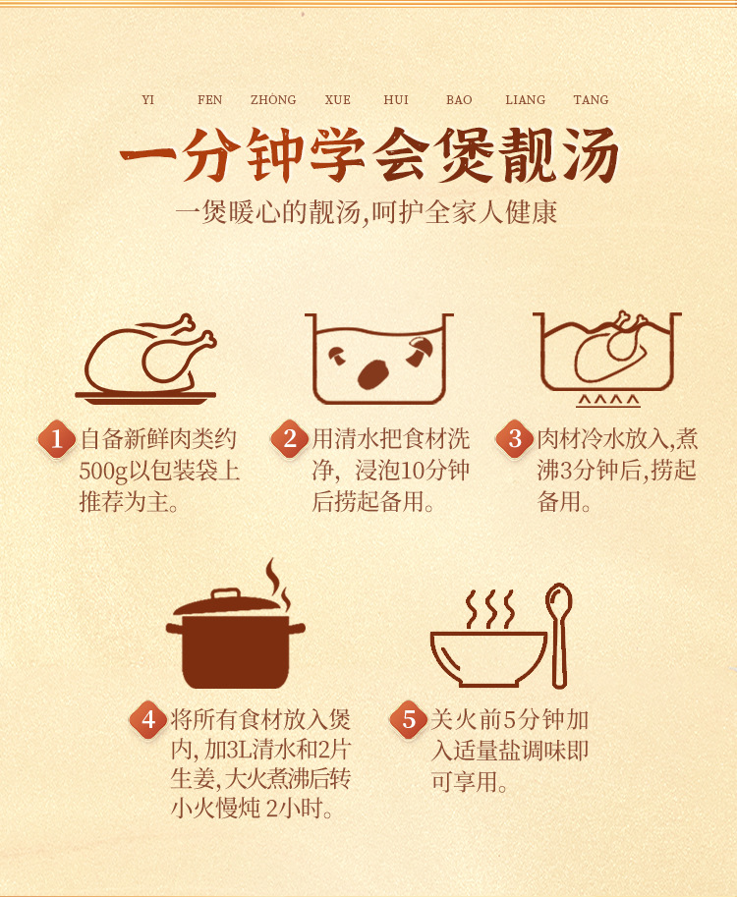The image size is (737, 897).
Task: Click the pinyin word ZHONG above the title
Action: tap(273, 99)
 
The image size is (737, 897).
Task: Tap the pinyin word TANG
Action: tap(591, 99)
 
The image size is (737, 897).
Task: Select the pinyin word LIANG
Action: tap(525, 99)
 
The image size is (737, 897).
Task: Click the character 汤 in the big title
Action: tap(592, 154)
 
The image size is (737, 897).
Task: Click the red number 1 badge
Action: tap(57, 439)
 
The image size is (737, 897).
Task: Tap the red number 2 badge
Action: tap(290, 439)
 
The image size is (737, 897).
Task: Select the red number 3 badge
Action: tap(514, 439)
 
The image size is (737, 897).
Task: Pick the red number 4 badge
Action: tap(148, 719)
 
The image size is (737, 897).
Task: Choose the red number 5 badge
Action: tap(409, 719)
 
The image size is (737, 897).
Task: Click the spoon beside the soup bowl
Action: tap(558, 635)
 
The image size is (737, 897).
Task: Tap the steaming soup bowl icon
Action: tap(488, 658)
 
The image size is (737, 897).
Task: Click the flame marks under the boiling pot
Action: tap(607, 401)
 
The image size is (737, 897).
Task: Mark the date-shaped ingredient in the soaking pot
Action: tap(373, 374)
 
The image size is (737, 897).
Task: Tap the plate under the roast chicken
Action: tap(145, 397)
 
